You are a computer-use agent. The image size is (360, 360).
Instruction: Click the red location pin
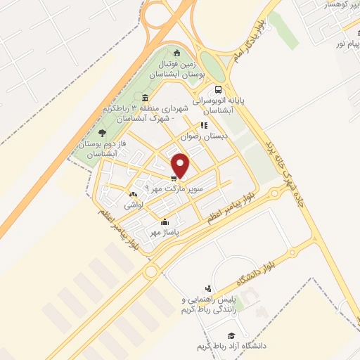pyautogui.click(x=182, y=164)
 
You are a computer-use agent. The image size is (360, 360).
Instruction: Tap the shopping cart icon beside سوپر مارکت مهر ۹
pyautogui.click(x=174, y=178)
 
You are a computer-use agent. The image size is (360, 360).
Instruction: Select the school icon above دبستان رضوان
pyautogui.click(x=204, y=125)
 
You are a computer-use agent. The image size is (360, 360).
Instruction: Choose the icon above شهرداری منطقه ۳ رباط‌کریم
pyautogui.click(x=145, y=98)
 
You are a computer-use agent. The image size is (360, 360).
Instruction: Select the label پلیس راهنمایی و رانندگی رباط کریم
pyautogui.click(x=209, y=304)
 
